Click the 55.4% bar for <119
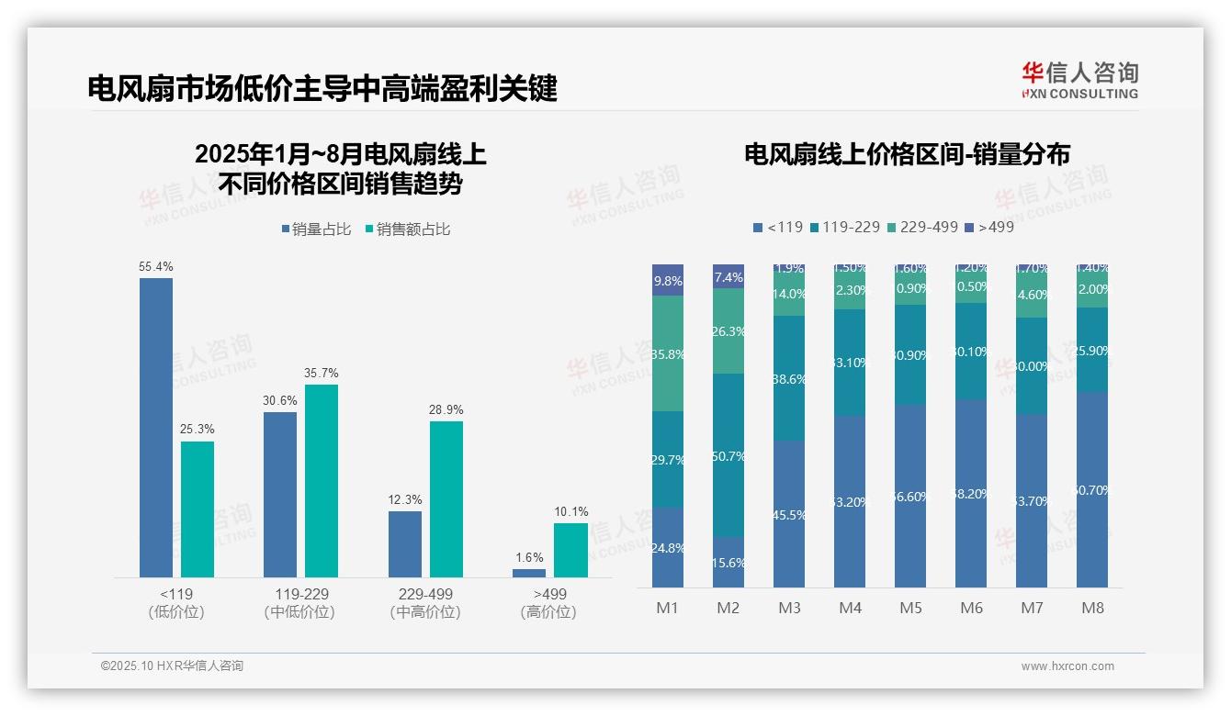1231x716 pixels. [156, 428]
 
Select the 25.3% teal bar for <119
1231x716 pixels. [198, 509]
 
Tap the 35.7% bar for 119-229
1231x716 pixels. [322, 481]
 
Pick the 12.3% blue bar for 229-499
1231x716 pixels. [405, 544]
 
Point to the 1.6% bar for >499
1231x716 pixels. [529, 573]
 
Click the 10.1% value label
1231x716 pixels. [571, 511]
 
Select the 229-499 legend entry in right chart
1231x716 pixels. [922, 227]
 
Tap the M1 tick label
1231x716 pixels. [668, 608]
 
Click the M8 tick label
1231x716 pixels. [1092, 608]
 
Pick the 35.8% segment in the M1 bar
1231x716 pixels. [668, 353]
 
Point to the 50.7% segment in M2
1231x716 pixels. [728, 455]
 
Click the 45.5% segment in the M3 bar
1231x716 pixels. [789, 514]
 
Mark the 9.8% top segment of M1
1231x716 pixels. [668, 281]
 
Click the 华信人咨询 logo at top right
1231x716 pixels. [1079, 81]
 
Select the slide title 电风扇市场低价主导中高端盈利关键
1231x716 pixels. [322, 89]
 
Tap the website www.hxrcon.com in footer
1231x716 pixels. [1067, 666]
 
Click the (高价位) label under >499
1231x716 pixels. [548, 612]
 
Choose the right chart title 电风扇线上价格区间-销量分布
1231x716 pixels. [907, 154]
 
